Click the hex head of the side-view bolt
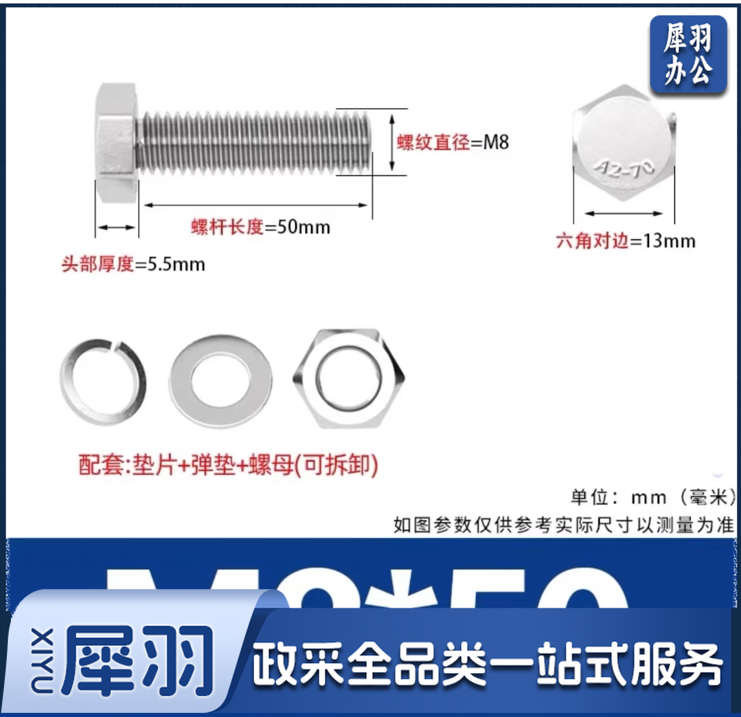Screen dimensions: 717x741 tap(116, 143)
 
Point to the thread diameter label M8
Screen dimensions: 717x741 tap(453, 143)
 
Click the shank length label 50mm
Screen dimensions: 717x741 tap(260, 227)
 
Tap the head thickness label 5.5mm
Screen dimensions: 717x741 tap(133, 264)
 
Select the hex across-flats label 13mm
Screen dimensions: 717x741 tap(626, 241)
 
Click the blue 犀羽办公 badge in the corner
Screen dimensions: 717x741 tap(687, 55)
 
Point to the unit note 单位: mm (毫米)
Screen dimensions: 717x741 tap(652, 496)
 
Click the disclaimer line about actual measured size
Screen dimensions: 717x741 tap(564, 525)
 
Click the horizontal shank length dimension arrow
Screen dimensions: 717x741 tap(255, 204)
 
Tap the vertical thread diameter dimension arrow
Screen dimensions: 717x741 tap(392, 143)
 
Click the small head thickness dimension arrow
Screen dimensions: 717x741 tap(116, 227)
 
